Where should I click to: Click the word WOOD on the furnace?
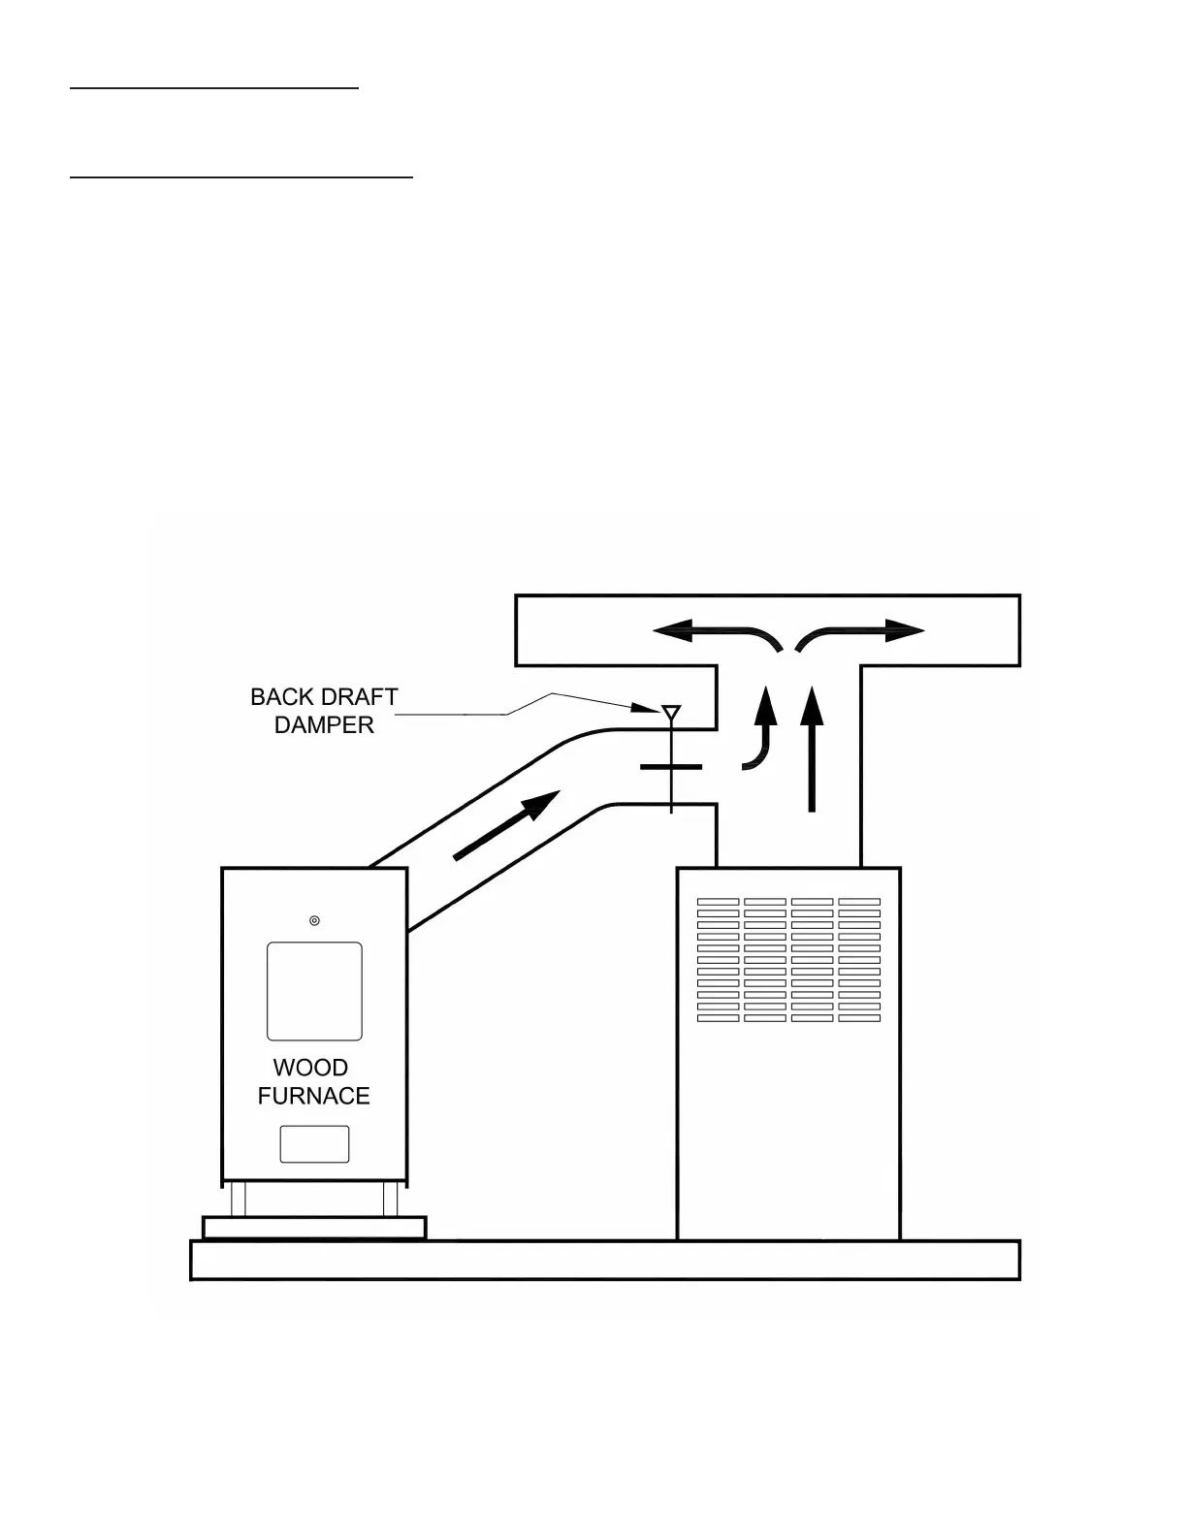[310, 1068]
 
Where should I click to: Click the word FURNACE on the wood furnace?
[313, 1096]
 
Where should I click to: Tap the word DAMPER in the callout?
[324, 725]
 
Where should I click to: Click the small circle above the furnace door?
[314, 920]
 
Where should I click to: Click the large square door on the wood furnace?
[314, 991]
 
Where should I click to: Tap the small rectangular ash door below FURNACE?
[314, 1144]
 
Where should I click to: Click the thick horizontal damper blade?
[671, 767]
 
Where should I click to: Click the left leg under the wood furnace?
[238, 1199]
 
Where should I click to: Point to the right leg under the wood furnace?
[391, 1199]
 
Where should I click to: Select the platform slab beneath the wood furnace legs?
[313, 1228]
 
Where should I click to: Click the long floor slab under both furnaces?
[604, 1261]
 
